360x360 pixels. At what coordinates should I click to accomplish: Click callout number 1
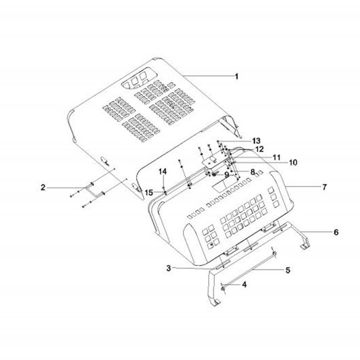(236, 76)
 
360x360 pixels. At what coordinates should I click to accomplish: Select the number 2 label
(43, 187)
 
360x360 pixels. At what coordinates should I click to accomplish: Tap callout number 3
(169, 268)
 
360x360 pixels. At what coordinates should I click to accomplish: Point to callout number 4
(244, 285)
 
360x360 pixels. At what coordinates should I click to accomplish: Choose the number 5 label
(287, 270)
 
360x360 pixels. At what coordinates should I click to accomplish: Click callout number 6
(336, 232)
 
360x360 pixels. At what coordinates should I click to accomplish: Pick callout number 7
(324, 187)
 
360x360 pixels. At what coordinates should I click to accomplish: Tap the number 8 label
(253, 171)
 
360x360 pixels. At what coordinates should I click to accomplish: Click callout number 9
(226, 175)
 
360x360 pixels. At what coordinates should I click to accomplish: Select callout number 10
(293, 163)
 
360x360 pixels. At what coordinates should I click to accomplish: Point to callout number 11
(276, 158)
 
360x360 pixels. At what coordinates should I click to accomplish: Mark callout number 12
(259, 149)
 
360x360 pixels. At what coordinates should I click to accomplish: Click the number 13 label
(256, 141)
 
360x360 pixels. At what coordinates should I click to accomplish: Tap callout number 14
(163, 171)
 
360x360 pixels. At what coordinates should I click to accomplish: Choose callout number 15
(149, 192)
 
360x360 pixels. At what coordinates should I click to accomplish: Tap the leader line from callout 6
(316, 231)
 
